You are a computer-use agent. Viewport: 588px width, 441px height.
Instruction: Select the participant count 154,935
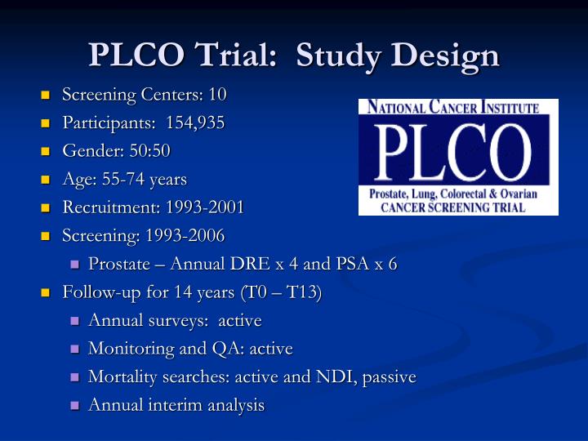(195, 123)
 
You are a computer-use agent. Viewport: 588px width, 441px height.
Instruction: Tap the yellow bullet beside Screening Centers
(46, 96)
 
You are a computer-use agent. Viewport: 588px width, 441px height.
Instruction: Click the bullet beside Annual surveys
(73, 321)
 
